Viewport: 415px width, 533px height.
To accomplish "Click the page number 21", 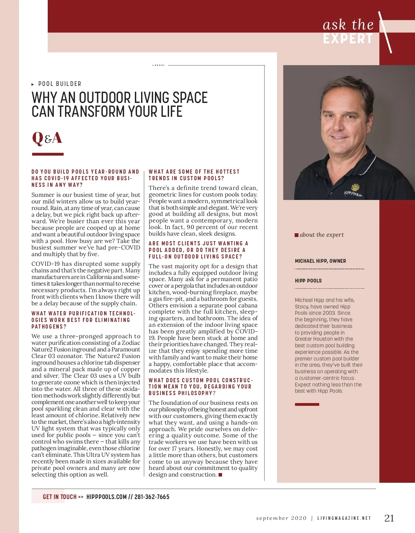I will click(389, 518).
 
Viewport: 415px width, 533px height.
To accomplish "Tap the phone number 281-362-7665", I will click(152, 497).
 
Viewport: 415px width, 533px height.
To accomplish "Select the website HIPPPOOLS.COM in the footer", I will click(107, 497).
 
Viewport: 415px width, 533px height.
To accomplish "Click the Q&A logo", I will click(47, 138).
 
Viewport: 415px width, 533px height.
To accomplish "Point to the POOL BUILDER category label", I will click(60, 84).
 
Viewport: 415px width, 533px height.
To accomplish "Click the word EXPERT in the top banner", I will click(348, 39).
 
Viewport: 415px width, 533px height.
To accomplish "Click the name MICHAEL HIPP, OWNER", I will click(320, 261).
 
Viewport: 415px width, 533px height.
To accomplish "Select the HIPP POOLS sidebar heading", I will click(308, 281).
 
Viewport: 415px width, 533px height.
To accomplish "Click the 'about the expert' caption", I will click(322, 235).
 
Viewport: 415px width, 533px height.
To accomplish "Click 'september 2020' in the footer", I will click(281, 518).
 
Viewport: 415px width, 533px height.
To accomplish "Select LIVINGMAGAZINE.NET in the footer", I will click(344, 518).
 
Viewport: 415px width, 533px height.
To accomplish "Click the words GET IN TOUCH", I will click(59, 497).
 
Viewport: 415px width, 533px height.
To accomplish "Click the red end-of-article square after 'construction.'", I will click(220, 475).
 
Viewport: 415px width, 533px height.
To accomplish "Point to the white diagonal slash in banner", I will click(385, 32).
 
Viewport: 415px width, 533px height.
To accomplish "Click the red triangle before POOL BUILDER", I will click(33, 84).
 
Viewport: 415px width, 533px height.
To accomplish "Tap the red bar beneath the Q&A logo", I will click(48, 154).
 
